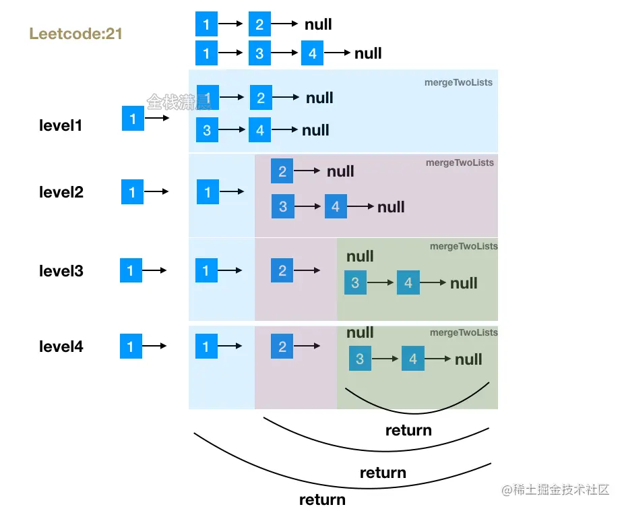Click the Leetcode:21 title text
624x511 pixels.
pyautogui.click(x=76, y=33)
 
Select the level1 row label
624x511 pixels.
pyautogui.click(x=61, y=125)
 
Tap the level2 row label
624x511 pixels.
pyautogui.click(x=61, y=192)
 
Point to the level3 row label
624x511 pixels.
pyautogui.click(x=61, y=271)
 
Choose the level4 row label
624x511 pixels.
pyautogui.click(x=61, y=347)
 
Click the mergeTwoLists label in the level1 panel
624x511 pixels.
pyautogui.click(x=458, y=82)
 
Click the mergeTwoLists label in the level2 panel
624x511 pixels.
pyautogui.click(x=460, y=162)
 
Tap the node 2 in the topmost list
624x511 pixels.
pyautogui.click(x=259, y=24)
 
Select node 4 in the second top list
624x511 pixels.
pyautogui.click(x=313, y=53)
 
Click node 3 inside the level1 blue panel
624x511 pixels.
pyautogui.click(x=207, y=130)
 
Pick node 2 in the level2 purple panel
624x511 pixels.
pyautogui.click(x=282, y=171)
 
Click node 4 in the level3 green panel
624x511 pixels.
pyautogui.click(x=408, y=283)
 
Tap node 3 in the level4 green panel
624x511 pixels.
pyautogui.click(x=360, y=359)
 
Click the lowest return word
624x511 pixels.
pyautogui.click(x=322, y=500)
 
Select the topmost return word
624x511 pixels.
pyautogui.click(x=408, y=429)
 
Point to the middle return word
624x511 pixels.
pyautogui.click(x=383, y=473)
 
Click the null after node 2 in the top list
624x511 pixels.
pyautogui.click(x=318, y=24)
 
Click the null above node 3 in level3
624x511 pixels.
pyautogui.click(x=360, y=256)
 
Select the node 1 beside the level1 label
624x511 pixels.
pyautogui.click(x=133, y=119)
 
